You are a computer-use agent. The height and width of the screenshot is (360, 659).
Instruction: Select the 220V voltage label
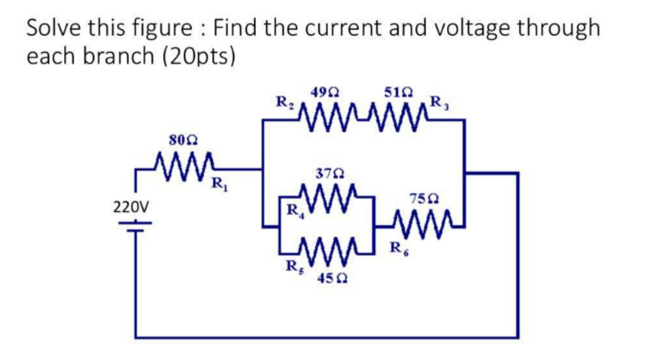click(130, 207)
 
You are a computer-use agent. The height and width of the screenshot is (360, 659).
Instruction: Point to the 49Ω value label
click(325, 92)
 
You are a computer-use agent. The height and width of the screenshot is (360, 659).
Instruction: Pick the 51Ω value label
click(400, 92)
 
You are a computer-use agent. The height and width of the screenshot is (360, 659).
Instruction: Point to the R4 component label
click(293, 211)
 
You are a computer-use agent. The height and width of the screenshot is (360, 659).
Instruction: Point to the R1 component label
click(217, 184)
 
